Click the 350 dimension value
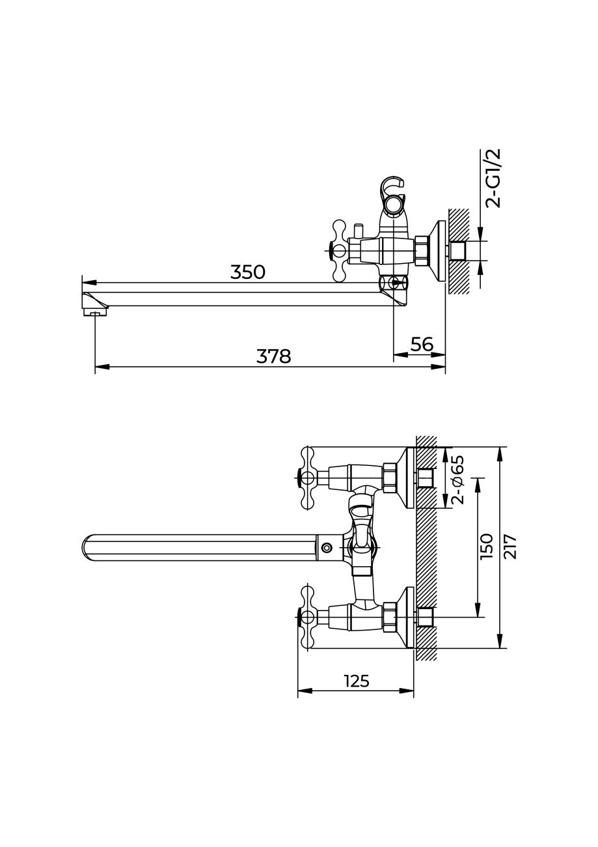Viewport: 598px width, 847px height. (x=248, y=272)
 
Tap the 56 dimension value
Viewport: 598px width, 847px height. (x=422, y=344)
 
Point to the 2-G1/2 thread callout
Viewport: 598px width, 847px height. (x=493, y=178)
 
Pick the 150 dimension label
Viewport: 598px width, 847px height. (x=486, y=546)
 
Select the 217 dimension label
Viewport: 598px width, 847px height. (x=510, y=547)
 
